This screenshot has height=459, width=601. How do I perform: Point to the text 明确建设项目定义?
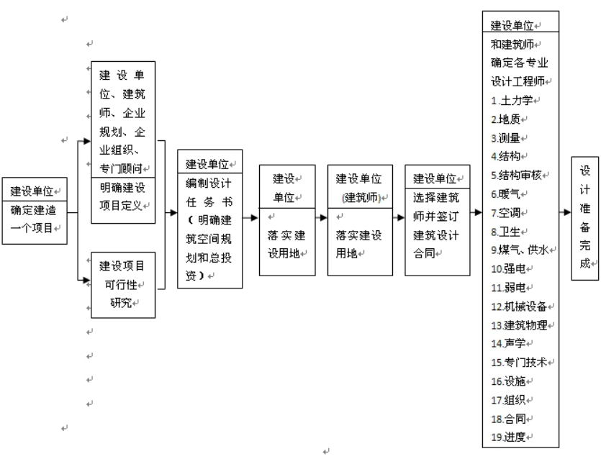122,196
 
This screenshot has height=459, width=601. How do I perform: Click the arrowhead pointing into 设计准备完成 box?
566,213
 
